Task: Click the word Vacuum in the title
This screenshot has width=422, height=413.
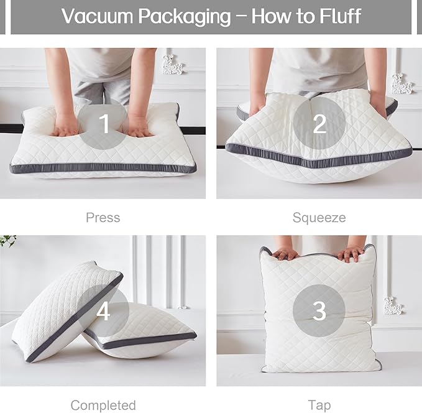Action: coord(97,16)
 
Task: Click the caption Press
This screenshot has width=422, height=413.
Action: coord(103,218)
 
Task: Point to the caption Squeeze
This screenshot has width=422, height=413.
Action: coord(319,218)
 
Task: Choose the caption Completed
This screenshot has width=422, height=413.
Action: coord(103,405)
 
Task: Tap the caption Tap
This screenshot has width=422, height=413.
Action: coord(319,406)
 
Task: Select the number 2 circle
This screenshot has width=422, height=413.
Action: coord(319,123)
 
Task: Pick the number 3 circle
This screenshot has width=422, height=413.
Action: coord(319,310)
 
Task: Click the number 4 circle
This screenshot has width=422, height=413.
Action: coord(103,310)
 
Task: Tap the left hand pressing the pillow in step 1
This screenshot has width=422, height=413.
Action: coord(64,125)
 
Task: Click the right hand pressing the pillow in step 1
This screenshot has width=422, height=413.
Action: coord(140,126)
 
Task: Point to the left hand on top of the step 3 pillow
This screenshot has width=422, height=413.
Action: coord(285,254)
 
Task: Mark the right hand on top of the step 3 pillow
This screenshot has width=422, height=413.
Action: coord(351,253)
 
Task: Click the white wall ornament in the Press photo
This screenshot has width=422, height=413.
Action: coord(172,65)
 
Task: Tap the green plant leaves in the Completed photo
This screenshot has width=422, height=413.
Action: coord(8,240)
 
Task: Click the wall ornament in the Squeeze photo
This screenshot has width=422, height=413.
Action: coord(401,84)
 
